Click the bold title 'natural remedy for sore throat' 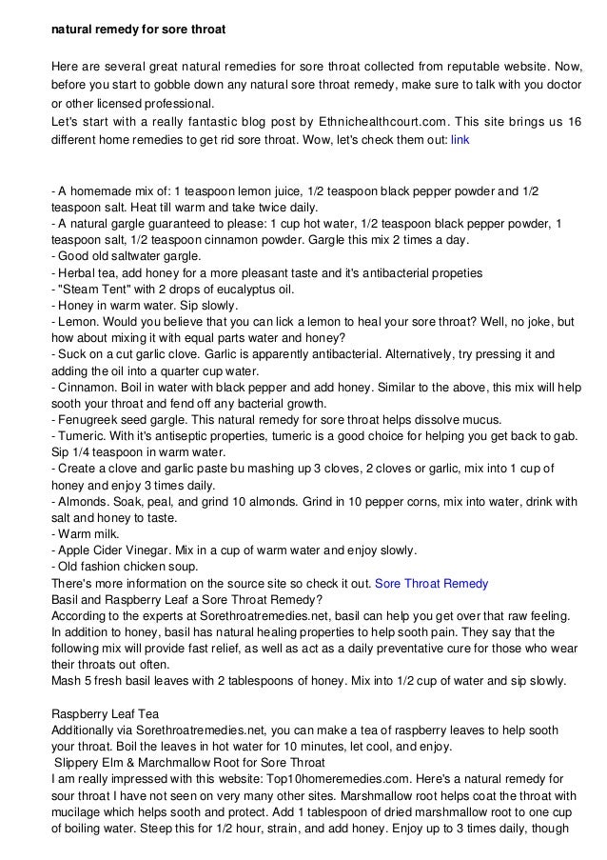tap(138, 30)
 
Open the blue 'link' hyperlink tap(460, 139)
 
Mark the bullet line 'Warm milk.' tap(88, 532)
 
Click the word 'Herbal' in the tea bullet tap(74, 272)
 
